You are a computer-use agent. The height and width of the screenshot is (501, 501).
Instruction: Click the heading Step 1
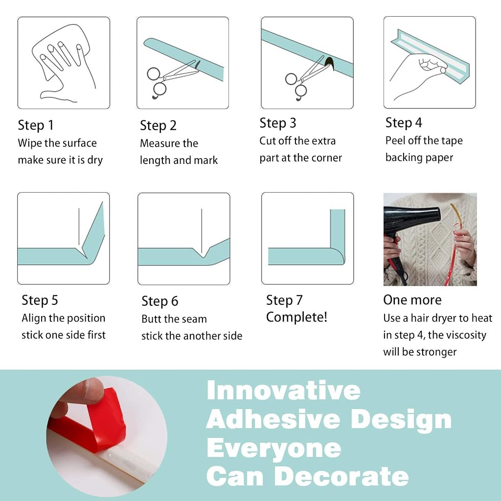coord(36,125)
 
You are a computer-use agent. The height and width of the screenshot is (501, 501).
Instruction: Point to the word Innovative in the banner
coord(284,390)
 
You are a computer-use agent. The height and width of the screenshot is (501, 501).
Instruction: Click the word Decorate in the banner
coord(342,477)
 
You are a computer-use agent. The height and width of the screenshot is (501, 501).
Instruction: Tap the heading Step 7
coord(284,300)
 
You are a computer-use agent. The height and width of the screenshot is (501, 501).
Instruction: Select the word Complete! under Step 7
coord(297,317)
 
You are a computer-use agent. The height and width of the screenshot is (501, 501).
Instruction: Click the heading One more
coord(412,300)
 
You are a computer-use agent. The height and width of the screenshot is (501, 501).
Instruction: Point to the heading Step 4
coord(404,122)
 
